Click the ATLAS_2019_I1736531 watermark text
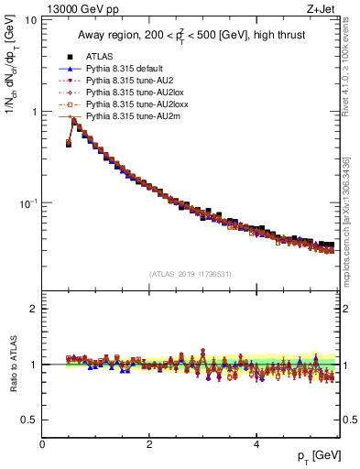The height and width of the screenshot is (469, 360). click(x=191, y=273)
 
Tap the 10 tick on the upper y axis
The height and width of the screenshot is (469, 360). click(x=31, y=20)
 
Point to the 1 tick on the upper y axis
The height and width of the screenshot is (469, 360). click(x=34, y=112)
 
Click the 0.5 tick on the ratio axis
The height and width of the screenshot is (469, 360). click(x=29, y=420)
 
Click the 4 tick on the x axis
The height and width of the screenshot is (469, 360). click(x=256, y=443)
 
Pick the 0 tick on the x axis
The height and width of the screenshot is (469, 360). click(x=42, y=443)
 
